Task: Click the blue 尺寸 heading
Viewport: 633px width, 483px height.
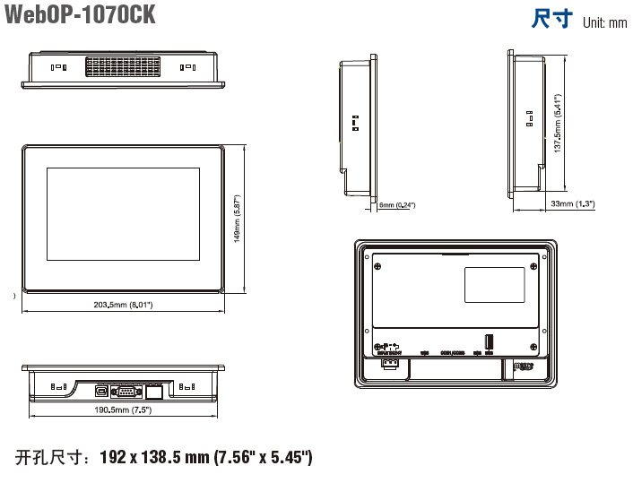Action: [x=551, y=19]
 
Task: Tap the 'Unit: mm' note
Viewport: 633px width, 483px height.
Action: [x=604, y=22]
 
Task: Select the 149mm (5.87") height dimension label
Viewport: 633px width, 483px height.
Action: [x=238, y=219]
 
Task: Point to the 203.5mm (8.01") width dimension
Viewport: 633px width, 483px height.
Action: [x=124, y=306]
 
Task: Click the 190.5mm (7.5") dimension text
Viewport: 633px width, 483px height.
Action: [x=124, y=410]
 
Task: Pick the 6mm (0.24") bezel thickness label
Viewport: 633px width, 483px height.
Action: [x=397, y=205]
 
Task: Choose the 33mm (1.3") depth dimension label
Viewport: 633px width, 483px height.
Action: [x=573, y=204]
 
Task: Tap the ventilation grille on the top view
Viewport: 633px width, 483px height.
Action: [x=123, y=66]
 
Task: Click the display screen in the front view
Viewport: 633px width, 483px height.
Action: [x=123, y=214]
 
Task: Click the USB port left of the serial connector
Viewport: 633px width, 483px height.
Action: [x=102, y=390]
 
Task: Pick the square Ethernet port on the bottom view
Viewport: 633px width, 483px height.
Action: [x=153, y=390]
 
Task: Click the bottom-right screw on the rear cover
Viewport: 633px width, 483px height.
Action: [x=534, y=346]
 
